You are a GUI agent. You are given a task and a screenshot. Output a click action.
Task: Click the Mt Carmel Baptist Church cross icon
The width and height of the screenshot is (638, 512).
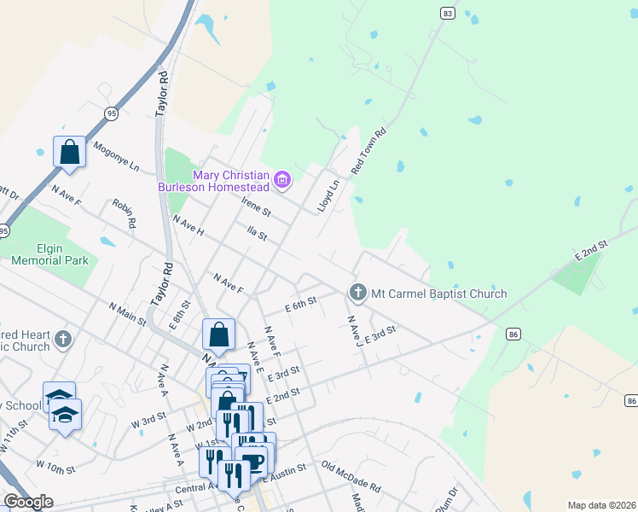357,293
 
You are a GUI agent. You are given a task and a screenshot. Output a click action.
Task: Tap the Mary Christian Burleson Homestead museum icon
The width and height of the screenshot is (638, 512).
283,181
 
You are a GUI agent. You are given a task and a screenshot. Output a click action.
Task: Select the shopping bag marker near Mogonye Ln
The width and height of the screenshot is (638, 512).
70,153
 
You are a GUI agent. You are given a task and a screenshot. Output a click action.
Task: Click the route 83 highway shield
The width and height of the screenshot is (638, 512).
448,14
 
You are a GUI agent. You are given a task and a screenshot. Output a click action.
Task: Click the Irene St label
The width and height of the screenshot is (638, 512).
255,206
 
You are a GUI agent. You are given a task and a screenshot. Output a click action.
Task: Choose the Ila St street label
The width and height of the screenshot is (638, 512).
256,234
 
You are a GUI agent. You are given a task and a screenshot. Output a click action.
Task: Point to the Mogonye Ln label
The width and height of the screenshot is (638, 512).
115,156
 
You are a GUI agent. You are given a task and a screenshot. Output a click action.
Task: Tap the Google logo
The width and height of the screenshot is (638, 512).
28,502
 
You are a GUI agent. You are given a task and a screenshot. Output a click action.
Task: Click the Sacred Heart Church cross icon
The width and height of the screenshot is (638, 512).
62,340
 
